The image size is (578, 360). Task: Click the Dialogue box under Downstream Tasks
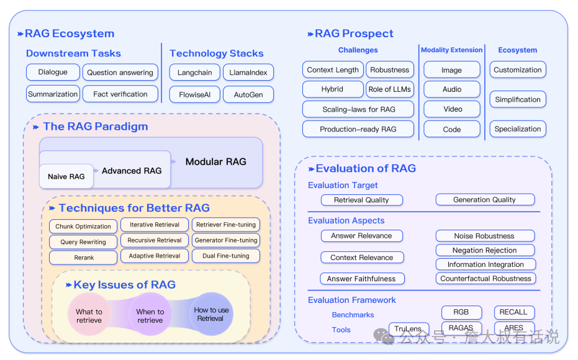coord(53,72)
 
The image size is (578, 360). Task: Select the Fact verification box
coord(120,94)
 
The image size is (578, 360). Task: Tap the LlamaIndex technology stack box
coord(248,73)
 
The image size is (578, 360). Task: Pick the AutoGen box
coord(248,95)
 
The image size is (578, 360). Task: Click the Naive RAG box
coord(66,176)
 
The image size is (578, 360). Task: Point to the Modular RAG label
coord(215,162)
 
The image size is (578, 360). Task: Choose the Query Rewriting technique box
coord(83,242)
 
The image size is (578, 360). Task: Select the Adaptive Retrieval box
coord(155,256)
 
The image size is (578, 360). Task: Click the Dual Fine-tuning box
coord(225,256)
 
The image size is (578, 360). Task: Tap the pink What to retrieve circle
coord(89,314)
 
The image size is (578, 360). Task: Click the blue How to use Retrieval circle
coord(211,314)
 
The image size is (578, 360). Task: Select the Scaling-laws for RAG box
coord(358,109)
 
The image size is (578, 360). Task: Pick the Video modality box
coord(452,109)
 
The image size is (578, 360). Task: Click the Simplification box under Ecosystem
coord(518,99)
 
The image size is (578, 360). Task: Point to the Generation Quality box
coord(485,200)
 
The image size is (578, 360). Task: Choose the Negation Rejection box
coord(485,250)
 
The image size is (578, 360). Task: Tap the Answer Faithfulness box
coord(361,279)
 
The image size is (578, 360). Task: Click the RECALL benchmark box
coord(514,312)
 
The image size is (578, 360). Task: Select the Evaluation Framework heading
coord(351,300)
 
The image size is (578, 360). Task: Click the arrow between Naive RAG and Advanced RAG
coord(96,171)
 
